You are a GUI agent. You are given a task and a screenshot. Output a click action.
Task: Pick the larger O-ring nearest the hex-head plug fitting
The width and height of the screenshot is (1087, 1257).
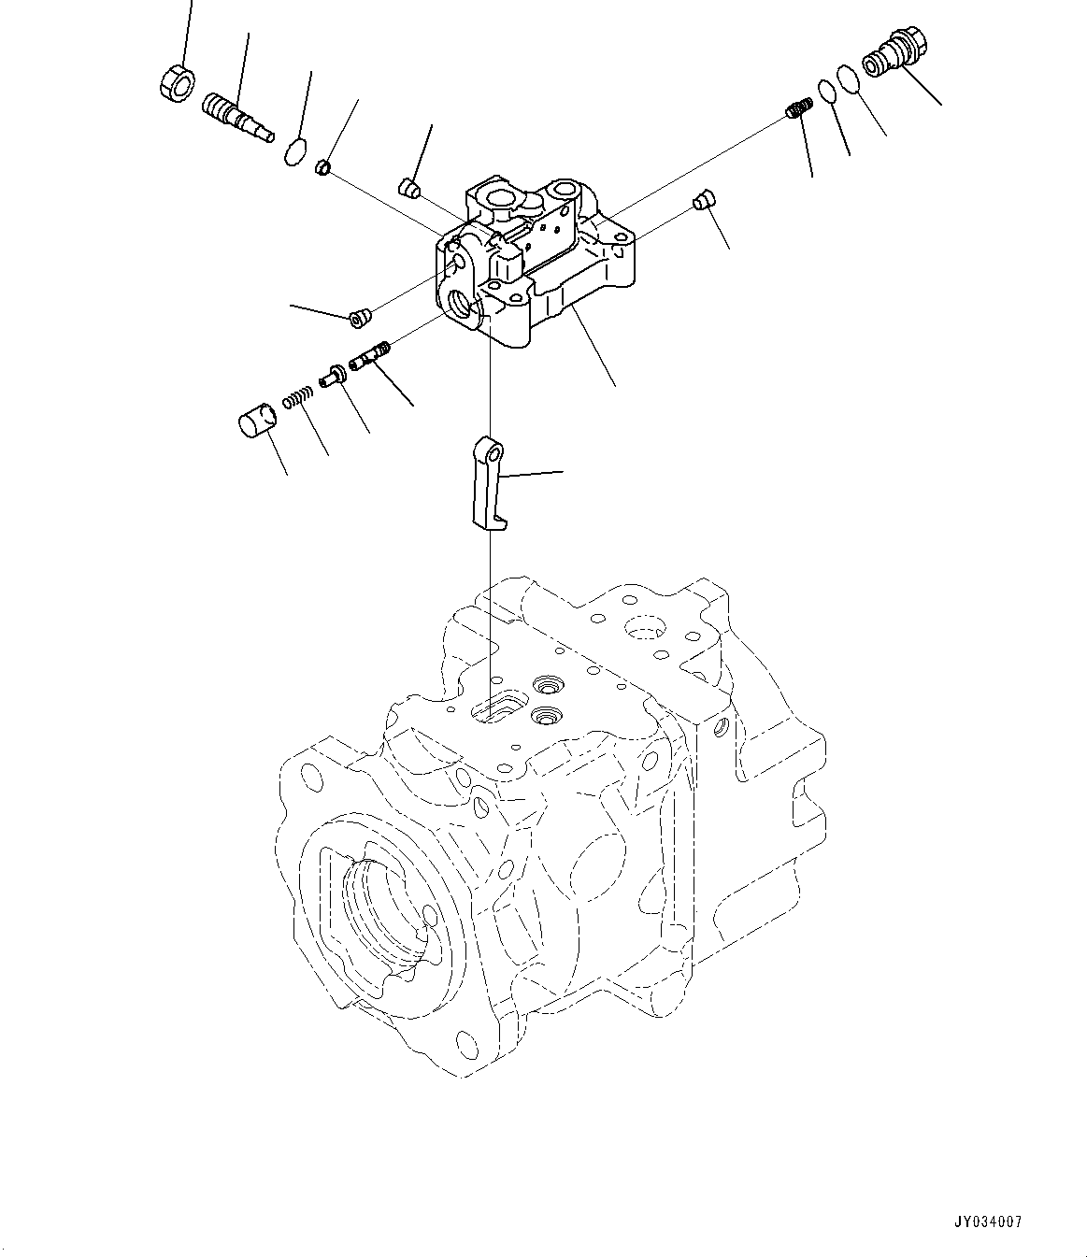(849, 79)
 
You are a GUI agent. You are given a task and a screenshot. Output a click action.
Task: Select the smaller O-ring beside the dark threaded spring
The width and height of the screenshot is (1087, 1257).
(827, 91)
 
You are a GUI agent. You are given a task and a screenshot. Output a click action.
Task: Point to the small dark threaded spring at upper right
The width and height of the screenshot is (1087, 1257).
(797, 109)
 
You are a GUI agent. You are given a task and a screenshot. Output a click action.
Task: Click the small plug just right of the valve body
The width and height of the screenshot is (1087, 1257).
(704, 199)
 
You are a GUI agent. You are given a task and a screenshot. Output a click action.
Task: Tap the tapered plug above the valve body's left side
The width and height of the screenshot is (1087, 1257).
(407, 188)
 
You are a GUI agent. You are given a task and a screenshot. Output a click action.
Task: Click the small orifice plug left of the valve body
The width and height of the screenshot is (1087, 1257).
(358, 320)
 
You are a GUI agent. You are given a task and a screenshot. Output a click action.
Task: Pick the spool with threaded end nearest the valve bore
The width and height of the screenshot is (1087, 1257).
(369, 356)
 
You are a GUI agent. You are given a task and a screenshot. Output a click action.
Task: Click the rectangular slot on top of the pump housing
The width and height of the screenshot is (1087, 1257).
(496, 707)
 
